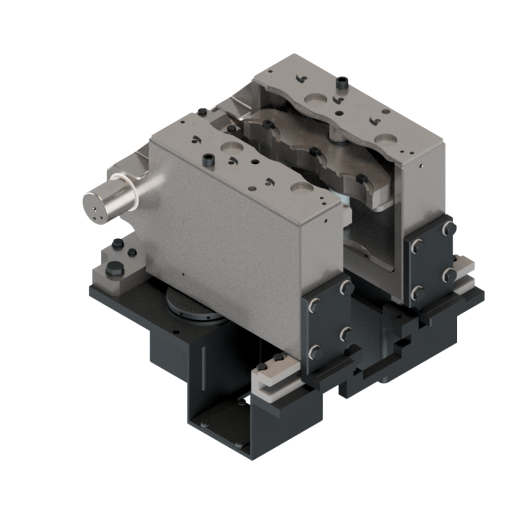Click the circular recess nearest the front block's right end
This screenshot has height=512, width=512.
(302, 187)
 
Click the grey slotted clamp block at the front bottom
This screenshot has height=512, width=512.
(272, 377)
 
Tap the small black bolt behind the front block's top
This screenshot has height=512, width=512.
(201, 111)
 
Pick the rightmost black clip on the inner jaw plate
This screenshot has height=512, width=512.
(359, 177)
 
